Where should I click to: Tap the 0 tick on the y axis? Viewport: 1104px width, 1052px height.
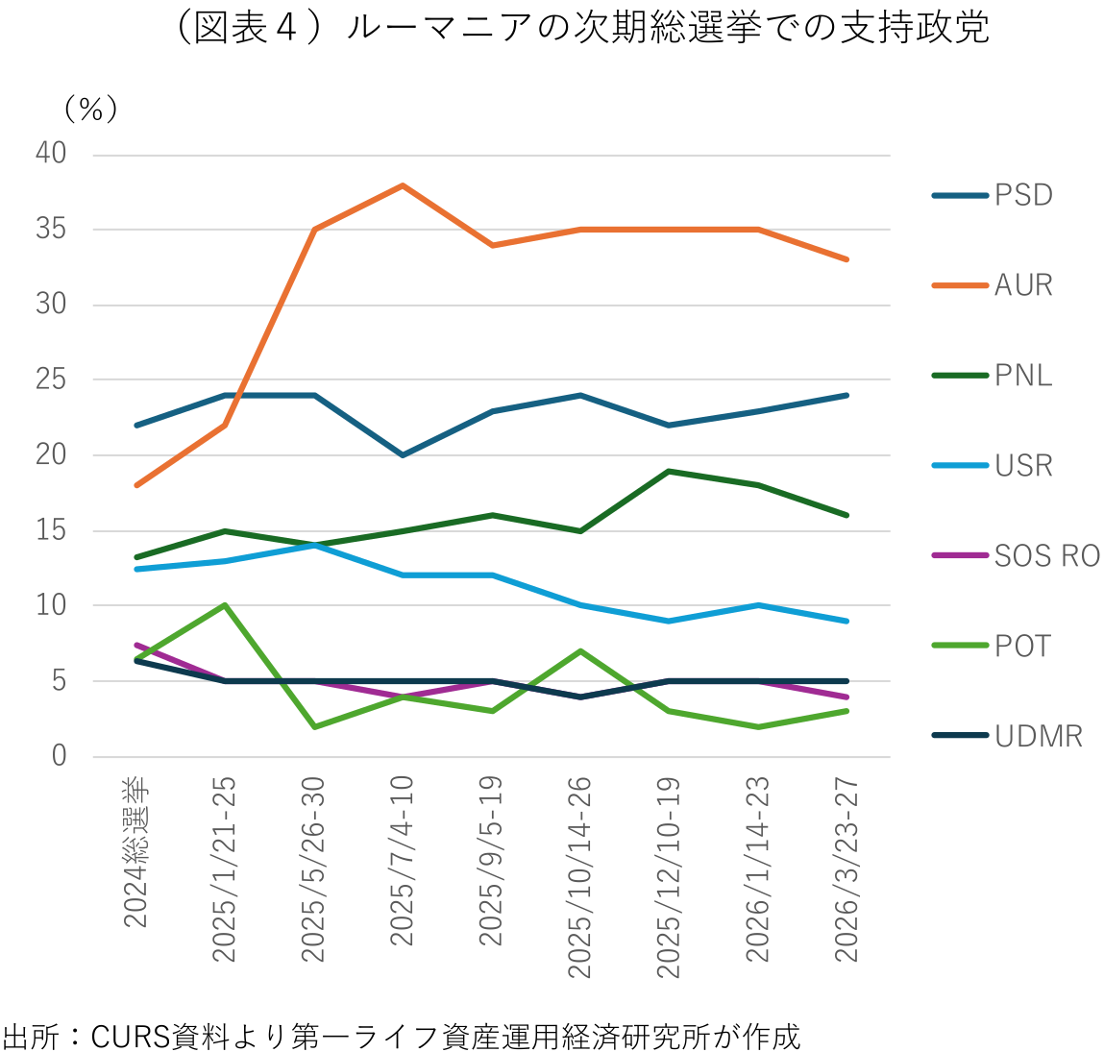[60, 756]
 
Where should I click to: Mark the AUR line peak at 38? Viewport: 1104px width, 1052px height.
[403, 184]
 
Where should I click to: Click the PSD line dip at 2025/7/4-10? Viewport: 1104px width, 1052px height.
[403, 454]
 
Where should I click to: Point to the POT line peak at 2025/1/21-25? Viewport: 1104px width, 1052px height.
[224, 605]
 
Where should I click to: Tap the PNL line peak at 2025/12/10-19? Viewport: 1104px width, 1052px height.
[669, 471]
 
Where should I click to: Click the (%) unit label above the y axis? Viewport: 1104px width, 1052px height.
[90, 110]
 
